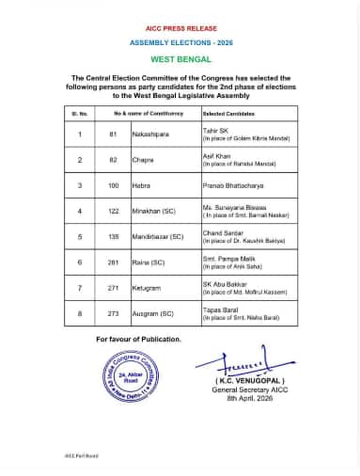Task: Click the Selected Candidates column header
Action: [229, 113]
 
